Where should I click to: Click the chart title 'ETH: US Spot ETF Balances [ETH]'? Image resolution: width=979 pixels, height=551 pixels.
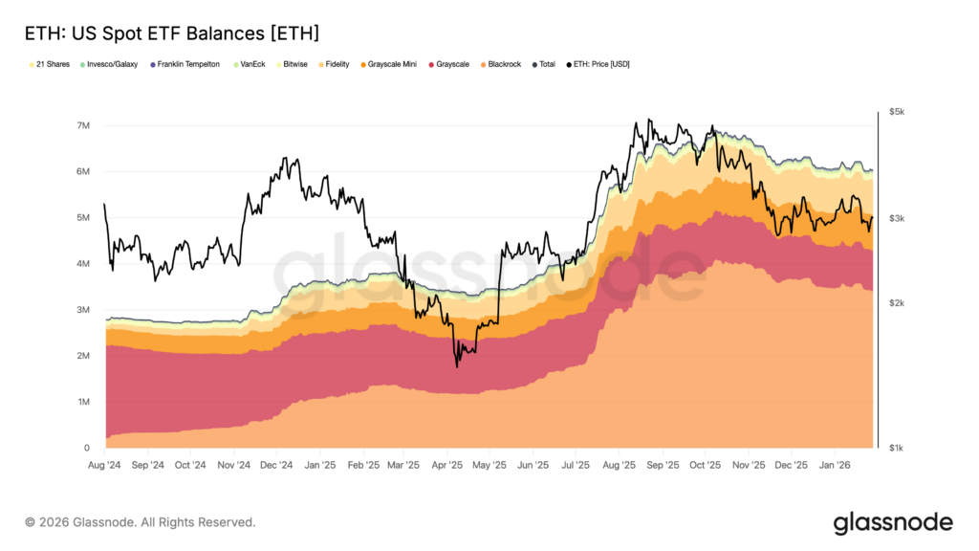pyautogui.click(x=170, y=33)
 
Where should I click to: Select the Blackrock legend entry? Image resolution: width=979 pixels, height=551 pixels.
pyautogui.click(x=502, y=64)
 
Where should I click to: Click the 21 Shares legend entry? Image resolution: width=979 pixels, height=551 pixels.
pyautogui.click(x=51, y=64)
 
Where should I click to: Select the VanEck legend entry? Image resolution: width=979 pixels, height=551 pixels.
pyautogui.click(x=250, y=64)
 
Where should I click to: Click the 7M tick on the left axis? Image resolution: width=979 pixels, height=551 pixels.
pyautogui.click(x=83, y=126)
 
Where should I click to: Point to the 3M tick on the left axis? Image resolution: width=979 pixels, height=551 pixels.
pyautogui.click(x=83, y=310)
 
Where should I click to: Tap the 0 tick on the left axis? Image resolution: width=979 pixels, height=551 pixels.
pyautogui.click(x=87, y=448)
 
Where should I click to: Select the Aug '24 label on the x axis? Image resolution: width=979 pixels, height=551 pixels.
pyautogui.click(x=104, y=466)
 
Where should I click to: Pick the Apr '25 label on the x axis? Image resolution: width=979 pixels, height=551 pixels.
pyautogui.click(x=446, y=466)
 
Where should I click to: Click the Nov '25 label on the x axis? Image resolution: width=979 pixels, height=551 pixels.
pyautogui.click(x=748, y=466)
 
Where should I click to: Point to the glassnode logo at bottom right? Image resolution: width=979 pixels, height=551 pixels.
pyautogui.click(x=893, y=522)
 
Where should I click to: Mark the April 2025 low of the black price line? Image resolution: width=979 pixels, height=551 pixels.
pyautogui.click(x=457, y=366)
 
